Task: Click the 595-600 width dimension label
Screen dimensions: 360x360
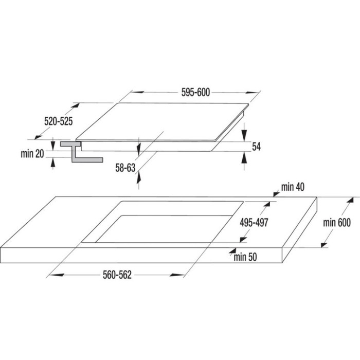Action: coord(195,92)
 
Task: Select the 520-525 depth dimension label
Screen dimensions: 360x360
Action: coord(58,121)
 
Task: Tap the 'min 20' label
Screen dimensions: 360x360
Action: coord(32,154)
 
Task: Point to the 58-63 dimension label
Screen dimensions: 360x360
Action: coord(125,168)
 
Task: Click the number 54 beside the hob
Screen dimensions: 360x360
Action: coord(256,147)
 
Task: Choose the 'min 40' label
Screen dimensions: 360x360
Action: coord(293,187)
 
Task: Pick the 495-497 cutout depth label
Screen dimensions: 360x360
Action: coord(254,223)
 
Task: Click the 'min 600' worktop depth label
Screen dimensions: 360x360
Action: coord(337,223)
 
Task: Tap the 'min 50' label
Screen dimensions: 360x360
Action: coord(245,257)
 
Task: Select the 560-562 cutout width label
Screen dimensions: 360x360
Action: coord(117,275)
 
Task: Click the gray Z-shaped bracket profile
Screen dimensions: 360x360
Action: coord(81,152)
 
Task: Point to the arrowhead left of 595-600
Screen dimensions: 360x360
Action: coord(137,92)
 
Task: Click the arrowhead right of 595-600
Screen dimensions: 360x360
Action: coord(252,93)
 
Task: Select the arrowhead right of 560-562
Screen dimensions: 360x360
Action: coord(177,275)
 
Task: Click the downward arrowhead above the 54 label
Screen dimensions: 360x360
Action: coord(244,135)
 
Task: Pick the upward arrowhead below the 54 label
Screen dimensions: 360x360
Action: coord(244,158)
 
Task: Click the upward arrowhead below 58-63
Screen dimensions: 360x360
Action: coord(139,178)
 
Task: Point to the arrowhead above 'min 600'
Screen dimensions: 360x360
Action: coord(349,201)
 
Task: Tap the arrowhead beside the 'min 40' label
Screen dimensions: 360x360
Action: coord(277,194)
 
